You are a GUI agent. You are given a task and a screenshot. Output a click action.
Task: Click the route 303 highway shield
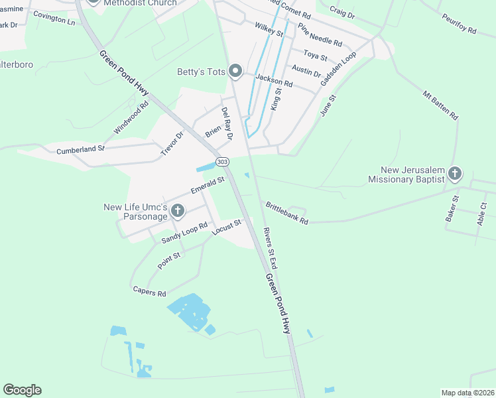[x=223, y=162]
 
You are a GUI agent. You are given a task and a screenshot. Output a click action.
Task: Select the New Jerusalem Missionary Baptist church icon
[x=454, y=174]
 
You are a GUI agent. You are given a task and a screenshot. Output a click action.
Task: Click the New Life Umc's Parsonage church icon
[x=177, y=212]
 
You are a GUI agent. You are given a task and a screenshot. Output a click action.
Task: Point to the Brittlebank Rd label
[x=287, y=212]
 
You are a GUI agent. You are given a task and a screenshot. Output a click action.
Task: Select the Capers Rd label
[x=149, y=291]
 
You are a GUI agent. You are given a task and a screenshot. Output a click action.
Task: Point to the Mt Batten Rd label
[x=440, y=105]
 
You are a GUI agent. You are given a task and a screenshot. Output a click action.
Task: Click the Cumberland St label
[x=80, y=150]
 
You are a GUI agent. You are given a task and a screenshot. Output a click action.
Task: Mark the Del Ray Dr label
[x=227, y=123]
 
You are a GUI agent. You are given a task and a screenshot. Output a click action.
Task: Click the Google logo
[x=22, y=390]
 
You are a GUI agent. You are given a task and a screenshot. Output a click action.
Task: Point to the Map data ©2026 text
[x=467, y=393]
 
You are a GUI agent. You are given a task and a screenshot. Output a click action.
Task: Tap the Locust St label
[x=225, y=228]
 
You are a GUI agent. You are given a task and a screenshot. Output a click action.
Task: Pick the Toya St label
[x=316, y=54]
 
